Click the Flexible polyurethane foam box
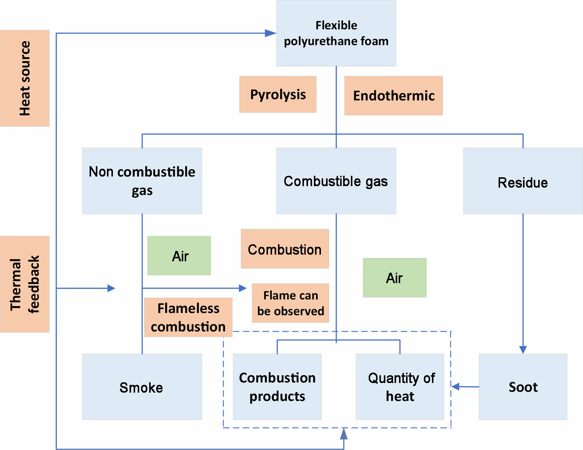336,33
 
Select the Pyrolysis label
278,94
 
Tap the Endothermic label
393,95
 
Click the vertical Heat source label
25,78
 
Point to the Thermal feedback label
25,284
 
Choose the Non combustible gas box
142,181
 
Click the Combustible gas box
336,181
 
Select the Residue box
523,181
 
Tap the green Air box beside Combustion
179,256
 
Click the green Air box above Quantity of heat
395,278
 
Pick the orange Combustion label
285,249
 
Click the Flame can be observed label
291,303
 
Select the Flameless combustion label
188,317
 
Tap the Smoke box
142,387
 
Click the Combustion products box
277,387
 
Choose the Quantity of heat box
400,387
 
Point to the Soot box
523,387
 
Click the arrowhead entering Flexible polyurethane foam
271,33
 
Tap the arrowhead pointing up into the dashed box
344,434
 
